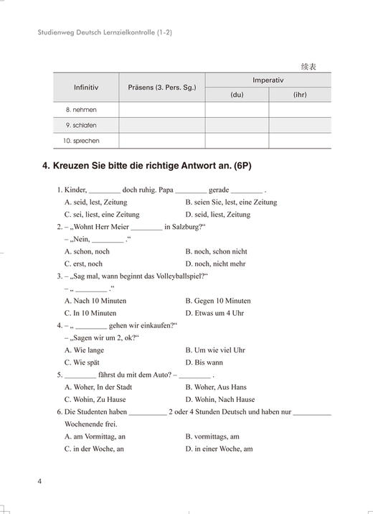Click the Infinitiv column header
click(x=85, y=88)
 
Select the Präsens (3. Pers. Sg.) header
click(x=161, y=88)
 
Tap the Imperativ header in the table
click(x=268, y=80)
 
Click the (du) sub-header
click(x=237, y=95)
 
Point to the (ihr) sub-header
click(x=300, y=95)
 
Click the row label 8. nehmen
click(x=80, y=110)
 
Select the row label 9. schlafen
click(x=80, y=125)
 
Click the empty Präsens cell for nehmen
click(x=161, y=110)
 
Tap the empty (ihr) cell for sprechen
click(x=300, y=141)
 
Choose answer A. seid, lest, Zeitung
click(x=98, y=202)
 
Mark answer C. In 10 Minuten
click(x=90, y=313)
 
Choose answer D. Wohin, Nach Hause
click(x=219, y=399)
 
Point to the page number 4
click(x=40, y=480)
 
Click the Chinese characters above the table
click(x=308, y=67)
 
